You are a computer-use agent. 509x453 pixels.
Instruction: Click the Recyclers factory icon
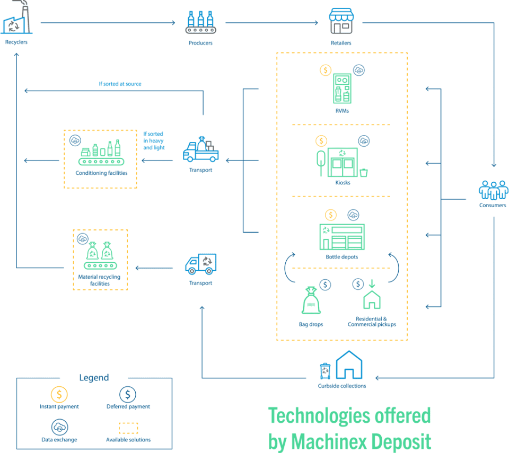[x=16, y=22]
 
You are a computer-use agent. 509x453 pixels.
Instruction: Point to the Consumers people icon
[x=493, y=190]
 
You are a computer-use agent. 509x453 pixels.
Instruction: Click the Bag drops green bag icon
[x=311, y=302]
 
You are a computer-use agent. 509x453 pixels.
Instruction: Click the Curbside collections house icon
[x=349, y=365]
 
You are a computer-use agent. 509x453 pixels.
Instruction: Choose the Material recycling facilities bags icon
[x=100, y=256]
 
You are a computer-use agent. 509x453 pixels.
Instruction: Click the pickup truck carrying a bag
[x=200, y=149]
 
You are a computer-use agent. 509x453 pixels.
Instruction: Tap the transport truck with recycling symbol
[x=200, y=263]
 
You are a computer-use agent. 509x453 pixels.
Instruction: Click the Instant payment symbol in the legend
[x=59, y=394]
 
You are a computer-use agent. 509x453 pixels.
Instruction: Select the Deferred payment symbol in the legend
[x=128, y=394]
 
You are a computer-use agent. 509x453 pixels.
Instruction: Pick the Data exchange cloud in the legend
[x=59, y=427]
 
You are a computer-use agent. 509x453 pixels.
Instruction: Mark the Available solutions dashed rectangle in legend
[x=128, y=428]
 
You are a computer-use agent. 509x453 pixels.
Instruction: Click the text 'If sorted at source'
[x=120, y=84]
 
